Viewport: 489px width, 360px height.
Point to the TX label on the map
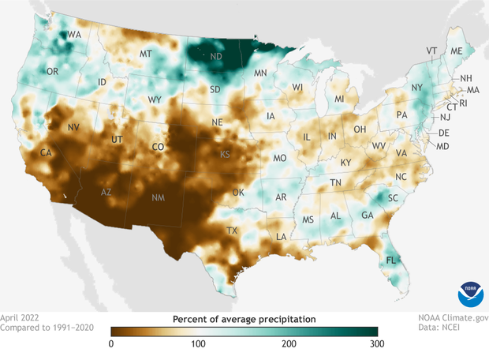click(x=233, y=231)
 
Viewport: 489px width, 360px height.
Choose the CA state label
click(x=46, y=152)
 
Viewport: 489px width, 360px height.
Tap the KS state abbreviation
click(x=226, y=154)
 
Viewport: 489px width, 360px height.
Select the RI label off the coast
click(x=463, y=103)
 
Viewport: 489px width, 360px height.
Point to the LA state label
click(x=281, y=237)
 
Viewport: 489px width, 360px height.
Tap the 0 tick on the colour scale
click(x=111, y=343)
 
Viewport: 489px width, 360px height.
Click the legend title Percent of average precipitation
click(x=244, y=318)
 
